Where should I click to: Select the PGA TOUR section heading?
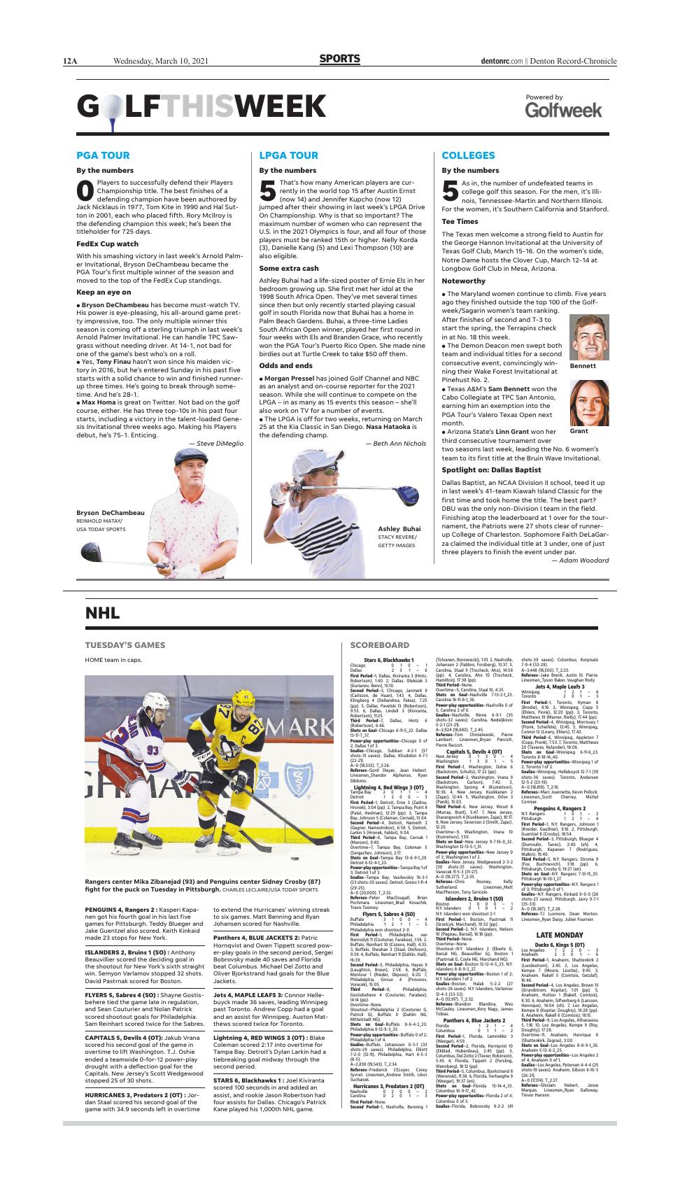click(103, 155)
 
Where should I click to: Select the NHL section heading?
click(102, 614)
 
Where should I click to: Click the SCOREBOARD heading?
click(380, 644)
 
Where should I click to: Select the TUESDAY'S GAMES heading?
click(125, 644)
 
